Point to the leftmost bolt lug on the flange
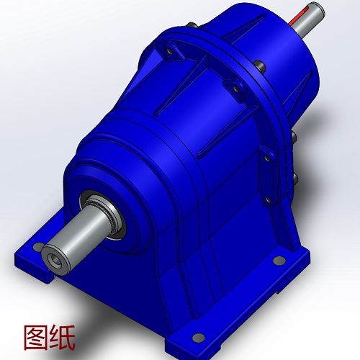coord(171,53)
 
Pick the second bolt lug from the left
coord(233,88)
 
